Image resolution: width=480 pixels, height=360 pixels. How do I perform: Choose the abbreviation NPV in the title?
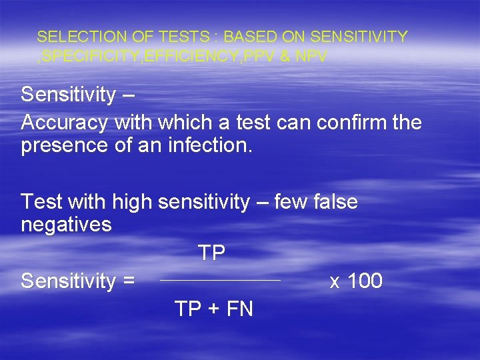(311, 57)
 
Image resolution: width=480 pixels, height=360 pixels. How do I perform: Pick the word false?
(334, 201)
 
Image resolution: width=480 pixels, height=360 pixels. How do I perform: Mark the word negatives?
(66, 225)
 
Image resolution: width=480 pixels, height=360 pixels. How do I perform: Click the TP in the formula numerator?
(211, 253)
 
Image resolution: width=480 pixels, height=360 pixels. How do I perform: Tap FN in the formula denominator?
(239, 309)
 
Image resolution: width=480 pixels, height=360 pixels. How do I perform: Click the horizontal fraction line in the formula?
(221, 281)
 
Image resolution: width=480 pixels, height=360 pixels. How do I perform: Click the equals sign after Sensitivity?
(128, 281)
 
